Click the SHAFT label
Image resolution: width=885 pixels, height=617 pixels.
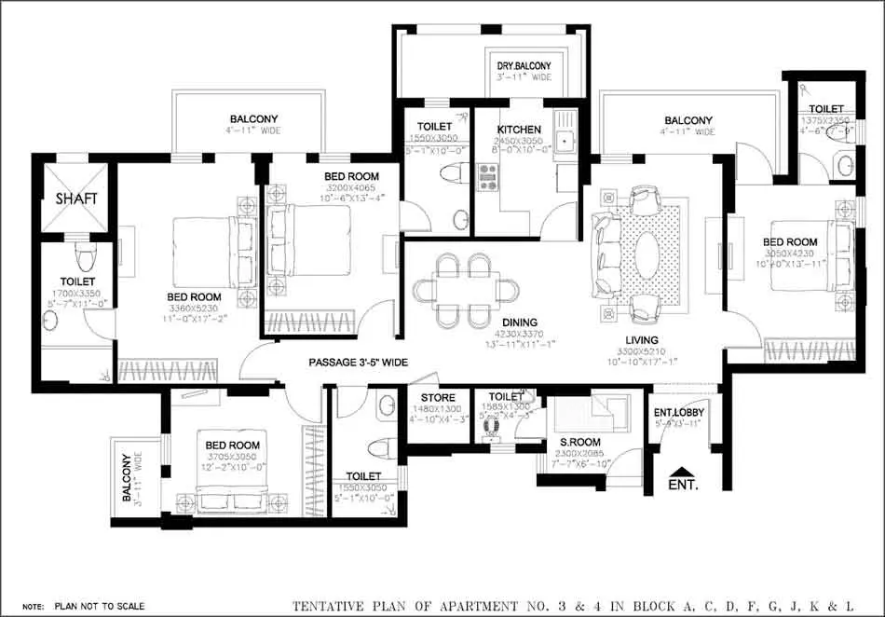[x=76, y=199]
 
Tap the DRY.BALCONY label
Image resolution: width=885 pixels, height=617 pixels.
[x=524, y=66]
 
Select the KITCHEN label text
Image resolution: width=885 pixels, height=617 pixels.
[x=518, y=130]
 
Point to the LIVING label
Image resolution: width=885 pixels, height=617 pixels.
[x=642, y=340]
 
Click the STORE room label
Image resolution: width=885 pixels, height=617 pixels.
[x=438, y=398]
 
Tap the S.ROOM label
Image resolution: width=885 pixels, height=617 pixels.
[x=579, y=442]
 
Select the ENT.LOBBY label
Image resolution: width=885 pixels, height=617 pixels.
[x=678, y=412]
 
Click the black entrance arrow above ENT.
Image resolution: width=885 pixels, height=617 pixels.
[x=682, y=472]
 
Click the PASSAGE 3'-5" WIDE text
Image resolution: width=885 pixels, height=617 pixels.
[x=359, y=362]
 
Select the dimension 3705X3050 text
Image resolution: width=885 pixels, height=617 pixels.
[x=232, y=457]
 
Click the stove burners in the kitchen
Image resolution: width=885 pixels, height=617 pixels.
[x=488, y=175]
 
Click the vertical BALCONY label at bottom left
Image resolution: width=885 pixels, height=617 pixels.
[x=127, y=477]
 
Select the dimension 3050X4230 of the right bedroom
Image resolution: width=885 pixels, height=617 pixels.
[x=789, y=254]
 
